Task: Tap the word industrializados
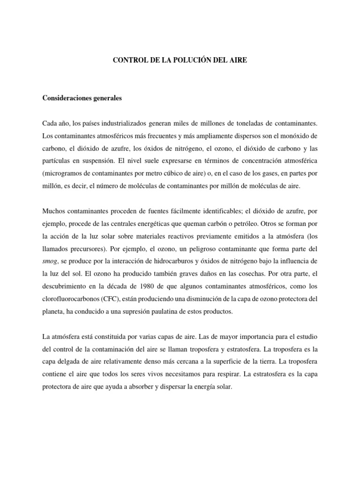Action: tap(130, 123)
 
